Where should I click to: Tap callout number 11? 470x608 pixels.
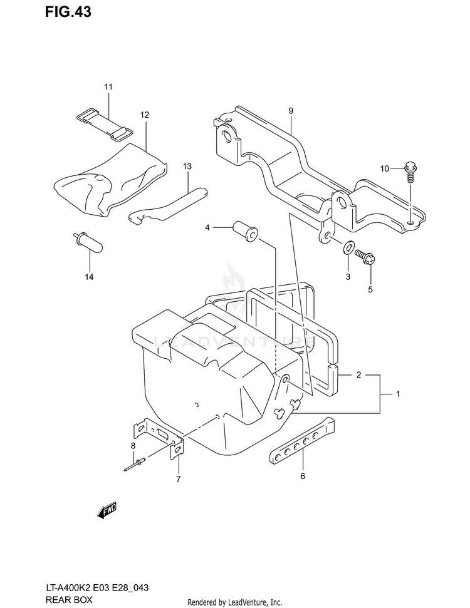tap(108, 87)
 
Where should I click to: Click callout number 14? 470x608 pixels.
tap(89, 276)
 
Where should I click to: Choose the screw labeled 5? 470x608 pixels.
tap(365, 255)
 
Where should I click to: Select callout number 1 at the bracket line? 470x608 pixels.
tap(397, 394)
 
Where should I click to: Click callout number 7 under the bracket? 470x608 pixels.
tap(178, 480)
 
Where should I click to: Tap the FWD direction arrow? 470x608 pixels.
tap(107, 510)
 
